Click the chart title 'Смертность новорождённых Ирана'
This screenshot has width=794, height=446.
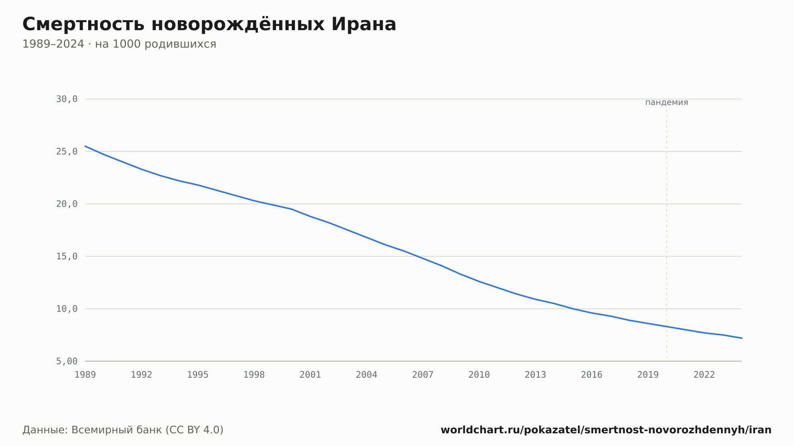(209, 24)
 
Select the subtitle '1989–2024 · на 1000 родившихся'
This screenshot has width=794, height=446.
(119, 44)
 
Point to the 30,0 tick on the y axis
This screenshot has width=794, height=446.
(67, 99)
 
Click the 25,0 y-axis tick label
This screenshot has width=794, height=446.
(67, 152)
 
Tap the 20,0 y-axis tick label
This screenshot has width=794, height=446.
(67, 204)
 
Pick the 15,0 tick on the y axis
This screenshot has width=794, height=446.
(67, 256)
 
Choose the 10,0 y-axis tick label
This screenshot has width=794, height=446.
(67, 309)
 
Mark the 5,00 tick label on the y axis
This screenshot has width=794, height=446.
(67, 361)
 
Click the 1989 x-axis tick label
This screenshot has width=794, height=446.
(85, 375)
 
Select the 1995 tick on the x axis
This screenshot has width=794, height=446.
(198, 375)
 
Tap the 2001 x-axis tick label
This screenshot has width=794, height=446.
(310, 375)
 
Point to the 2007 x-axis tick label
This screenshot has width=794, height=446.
(423, 375)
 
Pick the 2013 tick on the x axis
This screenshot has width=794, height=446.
(536, 375)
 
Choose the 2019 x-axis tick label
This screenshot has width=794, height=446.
(648, 375)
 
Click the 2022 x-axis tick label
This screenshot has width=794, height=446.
(704, 375)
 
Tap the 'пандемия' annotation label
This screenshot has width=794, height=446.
(667, 102)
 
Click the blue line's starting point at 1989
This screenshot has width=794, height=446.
(85, 146)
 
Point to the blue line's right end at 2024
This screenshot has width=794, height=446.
(742, 338)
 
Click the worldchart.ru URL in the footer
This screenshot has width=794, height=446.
(606, 430)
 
